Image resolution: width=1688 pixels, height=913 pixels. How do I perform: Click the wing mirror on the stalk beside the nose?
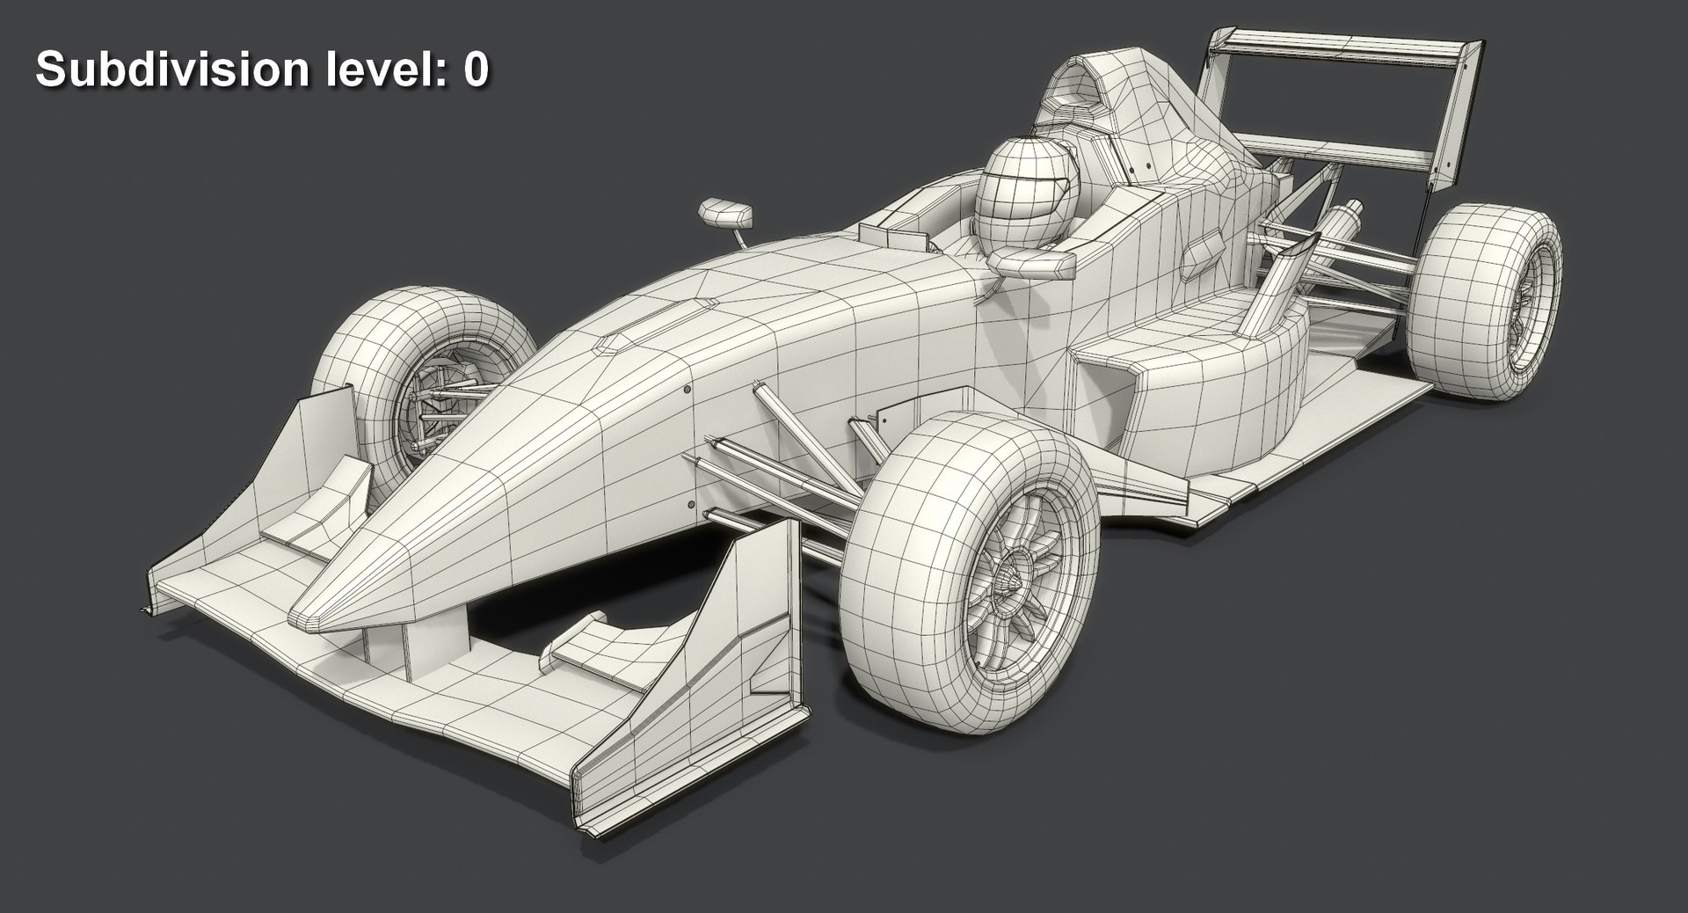click(725, 212)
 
